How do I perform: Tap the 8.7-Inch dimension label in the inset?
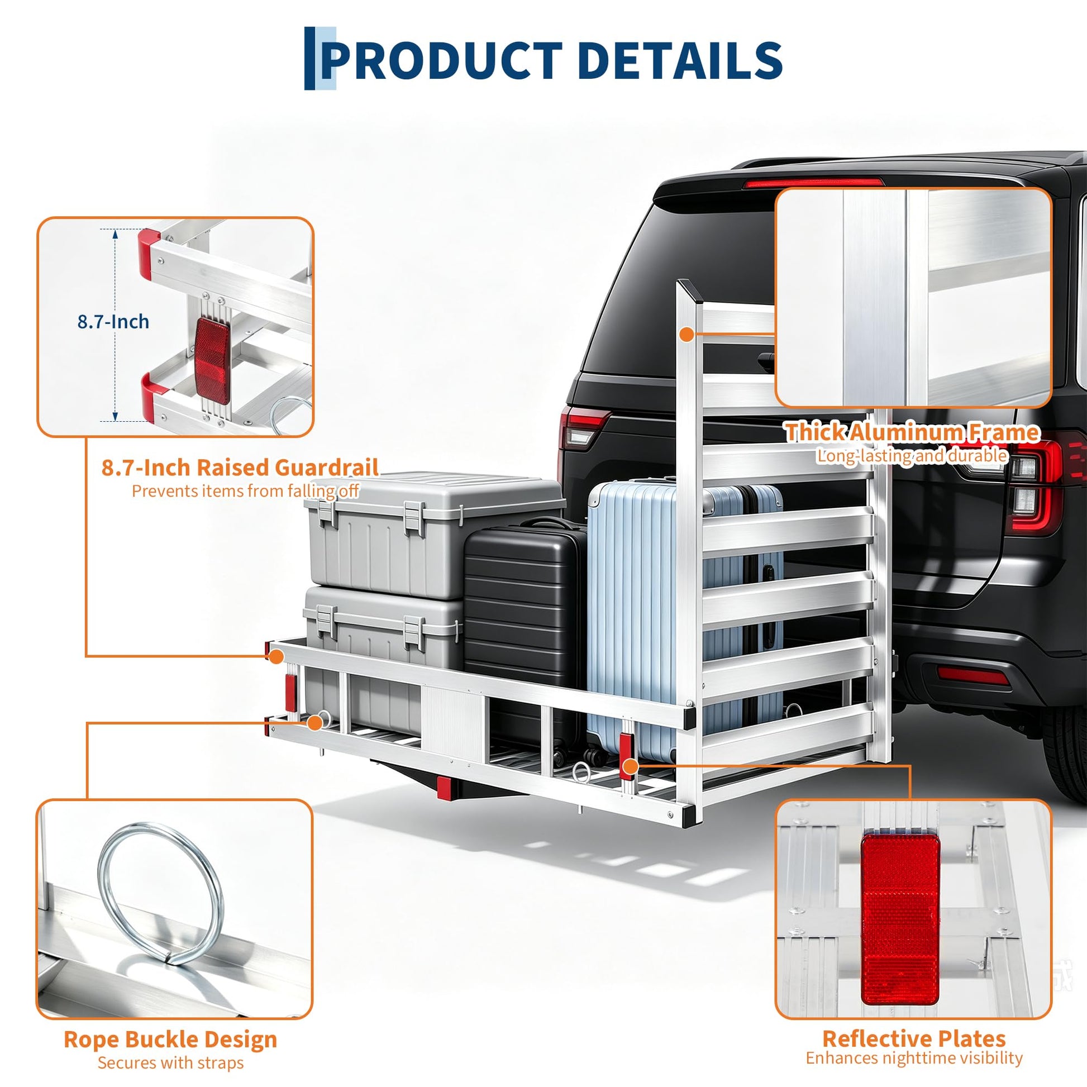pyautogui.click(x=113, y=322)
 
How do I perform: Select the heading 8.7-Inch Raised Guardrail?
pyautogui.click(x=240, y=468)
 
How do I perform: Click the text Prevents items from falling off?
pyautogui.click(x=245, y=491)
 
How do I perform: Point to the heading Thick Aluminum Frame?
pyautogui.click(x=912, y=432)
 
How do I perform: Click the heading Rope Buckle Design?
pyautogui.click(x=170, y=992)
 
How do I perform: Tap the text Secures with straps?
pyautogui.click(x=170, y=1016)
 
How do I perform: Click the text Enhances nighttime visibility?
pyautogui.click(x=914, y=1011)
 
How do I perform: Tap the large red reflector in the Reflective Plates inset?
pyautogui.click(x=900, y=919)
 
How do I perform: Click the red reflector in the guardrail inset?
pyautogui.click(x=213, y=361)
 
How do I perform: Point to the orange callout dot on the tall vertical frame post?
pyautogui.click(x=686, y=334)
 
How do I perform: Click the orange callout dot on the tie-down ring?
pyautogui.click(x=314, y=723)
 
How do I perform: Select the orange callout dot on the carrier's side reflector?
pyautogui.click(x=630, y=766)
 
